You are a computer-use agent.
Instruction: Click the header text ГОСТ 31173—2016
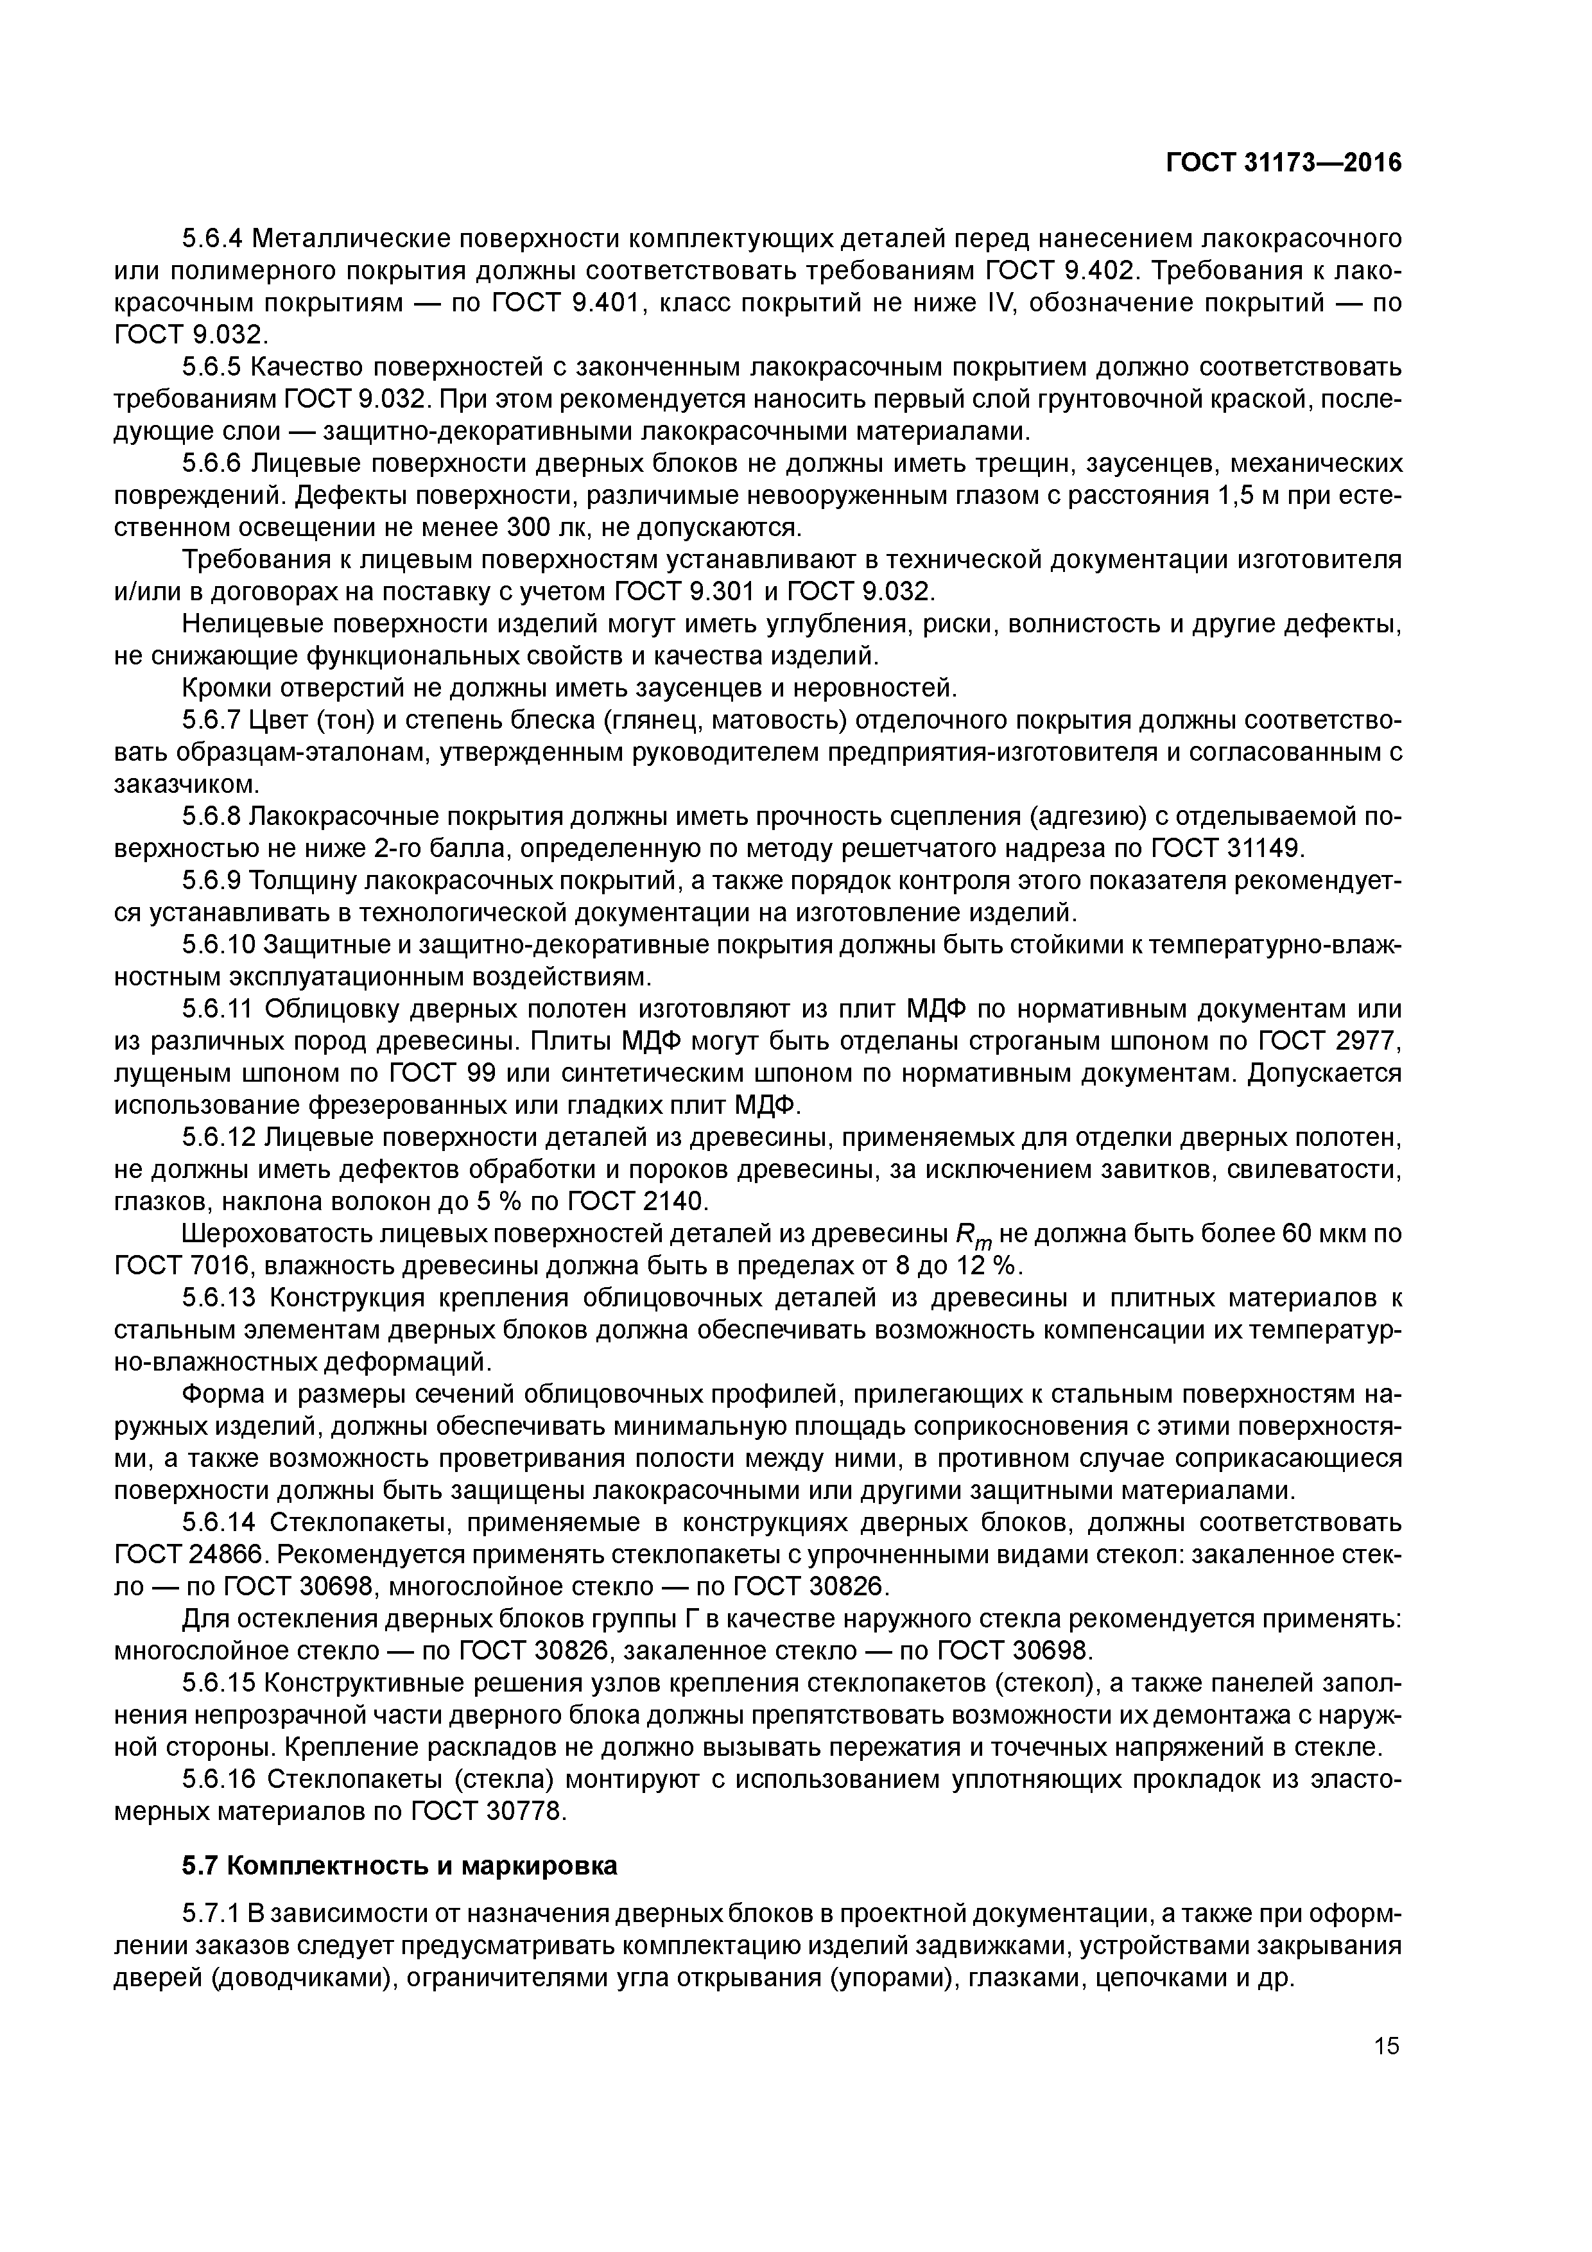1283,163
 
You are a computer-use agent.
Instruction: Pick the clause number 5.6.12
219,1138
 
